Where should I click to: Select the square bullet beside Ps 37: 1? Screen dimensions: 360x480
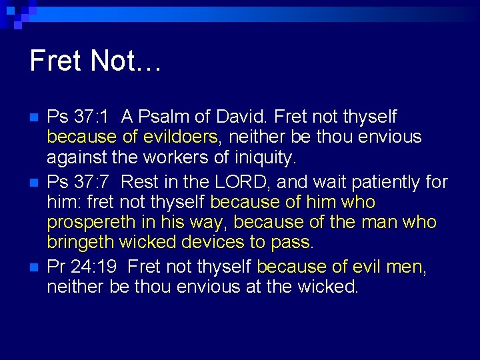coord(34,118)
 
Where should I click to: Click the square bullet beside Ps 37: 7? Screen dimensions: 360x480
coord(34,183)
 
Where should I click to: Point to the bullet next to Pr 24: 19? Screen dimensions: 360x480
coord(34,268)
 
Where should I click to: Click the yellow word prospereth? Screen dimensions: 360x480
coord(87,223)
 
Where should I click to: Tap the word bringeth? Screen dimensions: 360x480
coord(81,243)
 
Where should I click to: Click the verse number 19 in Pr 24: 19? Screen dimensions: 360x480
coord(107,267)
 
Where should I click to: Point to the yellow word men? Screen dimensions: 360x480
coord(402,267)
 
